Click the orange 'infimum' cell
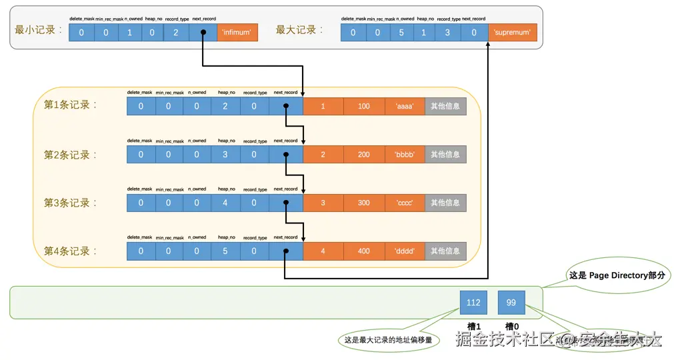pyautogui.click(x=237, y=32)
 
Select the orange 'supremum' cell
pyautogui.click(x=513, y=32)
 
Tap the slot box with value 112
pyautogui.click(x=473, y=302)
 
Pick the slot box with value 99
pyautogui.click(x=511, y=302)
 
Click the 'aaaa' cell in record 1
pyautogui.click(x=405, y=106)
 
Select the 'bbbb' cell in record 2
pyautogui.click(x=405, y=155)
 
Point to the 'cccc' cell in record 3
pyautogui.click(x=405, y=203)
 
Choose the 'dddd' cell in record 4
pyautogui.click(x=405, y=251)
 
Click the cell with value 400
pyautogui.click(x=364, y=251)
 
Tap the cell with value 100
pyautogui.click(x=364, y=106)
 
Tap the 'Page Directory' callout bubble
pyautogui.click(x=617, y=275)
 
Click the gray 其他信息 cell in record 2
pyautogui.click(x=445, y=155)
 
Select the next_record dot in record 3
pyautogui.click(x=285, y=203)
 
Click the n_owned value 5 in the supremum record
pyautogui.click(x=401, y=32)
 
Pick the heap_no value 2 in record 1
pyautogui.click(x=225, y=106)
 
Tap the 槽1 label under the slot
pyautogui.click(x=473, y=326)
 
